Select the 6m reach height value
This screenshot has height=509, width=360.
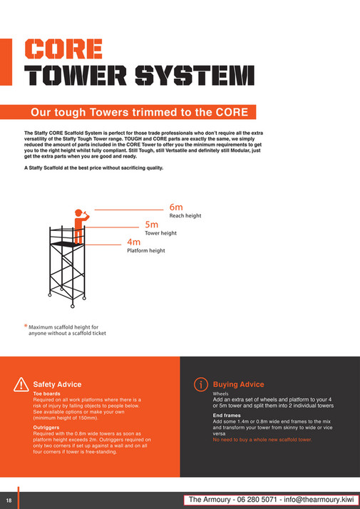pyautogui.click(x=176, y=207)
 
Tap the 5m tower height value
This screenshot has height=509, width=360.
pyautogui.click(x=151, y=225)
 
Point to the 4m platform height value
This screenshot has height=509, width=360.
pyautogui.click(x=133, y=242)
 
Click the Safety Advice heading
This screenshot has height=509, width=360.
pyautogui.click(x=58, y=384)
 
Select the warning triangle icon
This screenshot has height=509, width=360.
pyautogui.click(x=21, y=384)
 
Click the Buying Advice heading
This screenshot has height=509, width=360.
pyautogui.click(x=238, y=384)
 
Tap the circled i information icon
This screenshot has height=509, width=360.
pyautogui.click(x=201, y=384)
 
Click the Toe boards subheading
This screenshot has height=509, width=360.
pyautogui.click(x=47, y=394)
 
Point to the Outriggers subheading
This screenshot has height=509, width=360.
pyautogui.click(x=47, y=428)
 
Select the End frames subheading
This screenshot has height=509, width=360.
pyautogui.click(x=227, y=416)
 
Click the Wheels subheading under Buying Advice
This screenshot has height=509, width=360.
pyautogui.click(x=222, y=394)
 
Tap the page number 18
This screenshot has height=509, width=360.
pyautogui.click(x=9, y=500)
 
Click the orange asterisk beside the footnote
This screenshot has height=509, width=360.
pyautogui.click(x=26, y=327)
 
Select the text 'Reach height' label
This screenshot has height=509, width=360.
pyautogui.click(x=185, y=216)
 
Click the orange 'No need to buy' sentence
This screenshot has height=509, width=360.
pyautogui.click(x=262, y=440)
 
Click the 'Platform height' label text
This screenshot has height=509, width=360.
pyautogui.click(x=146, y=251)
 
